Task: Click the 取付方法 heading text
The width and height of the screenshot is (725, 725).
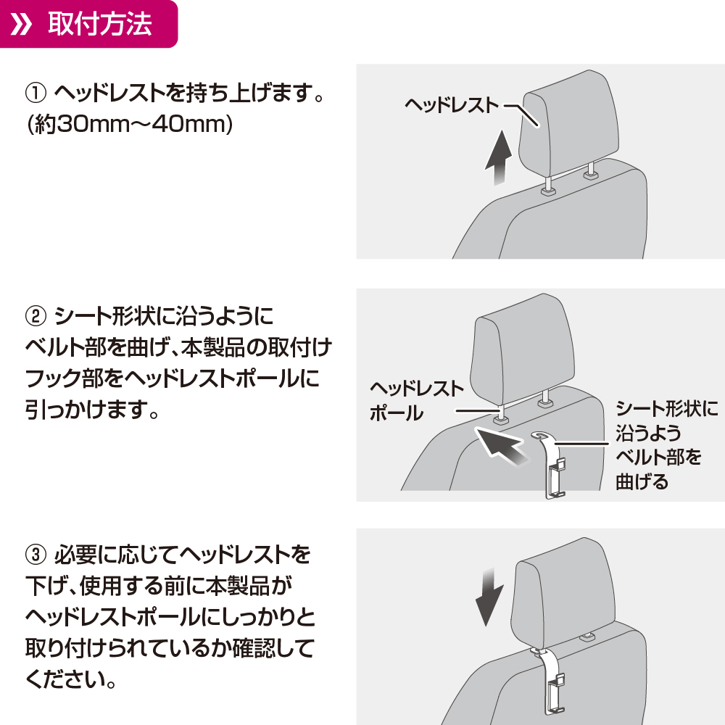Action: [100, 24]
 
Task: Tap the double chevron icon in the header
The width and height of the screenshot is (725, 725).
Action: [21, 24]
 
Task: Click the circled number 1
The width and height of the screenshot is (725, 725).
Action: [36, 93]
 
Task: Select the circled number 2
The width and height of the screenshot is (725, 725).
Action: [36, 316]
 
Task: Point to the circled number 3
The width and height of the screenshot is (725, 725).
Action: [36, 555]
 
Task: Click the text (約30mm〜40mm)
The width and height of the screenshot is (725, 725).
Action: [130, 124]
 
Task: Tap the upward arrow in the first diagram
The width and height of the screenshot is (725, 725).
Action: [499, 157]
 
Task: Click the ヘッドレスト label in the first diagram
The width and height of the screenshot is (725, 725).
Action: [452, 105]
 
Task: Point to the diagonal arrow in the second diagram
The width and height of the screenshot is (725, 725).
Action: [502, 447]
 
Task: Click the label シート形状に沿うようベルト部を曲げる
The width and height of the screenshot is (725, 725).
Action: [667, 445]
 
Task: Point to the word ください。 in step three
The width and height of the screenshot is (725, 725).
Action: [71, 680]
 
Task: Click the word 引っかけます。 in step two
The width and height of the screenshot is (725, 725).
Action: [92, 409]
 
